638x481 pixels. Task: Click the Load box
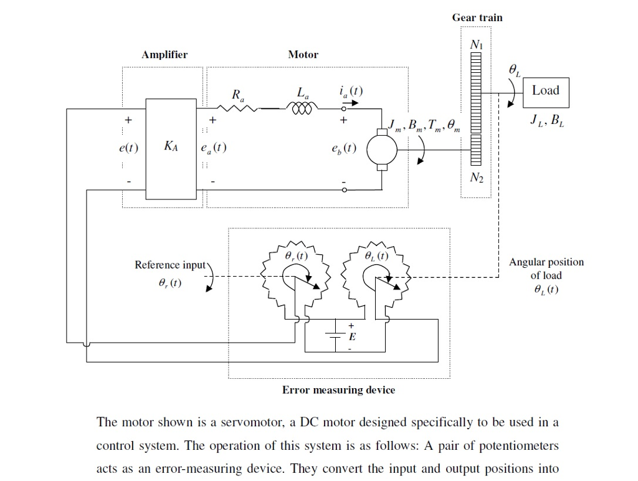pyautogui.click(x=546, y=90)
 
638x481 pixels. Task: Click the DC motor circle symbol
pyautogui.click(x=381, y=150)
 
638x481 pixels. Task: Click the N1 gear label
pyautogui.click(x=476, y=45)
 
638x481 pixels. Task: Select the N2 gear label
pyautogui.click(x=476, y=178)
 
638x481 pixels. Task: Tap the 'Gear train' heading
pyautogui.click(x=477, y=17)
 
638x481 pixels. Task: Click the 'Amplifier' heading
pyautogui.click(x=164, y=55)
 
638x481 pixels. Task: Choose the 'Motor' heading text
pyautogui.click(x=303, y=55)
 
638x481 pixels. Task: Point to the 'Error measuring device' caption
pyautogui.click(x=338, y=390)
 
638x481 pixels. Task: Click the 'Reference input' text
pyautogui.click(x=170, y=265)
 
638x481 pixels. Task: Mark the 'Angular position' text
pyautogui.click(x=546, y=262)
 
